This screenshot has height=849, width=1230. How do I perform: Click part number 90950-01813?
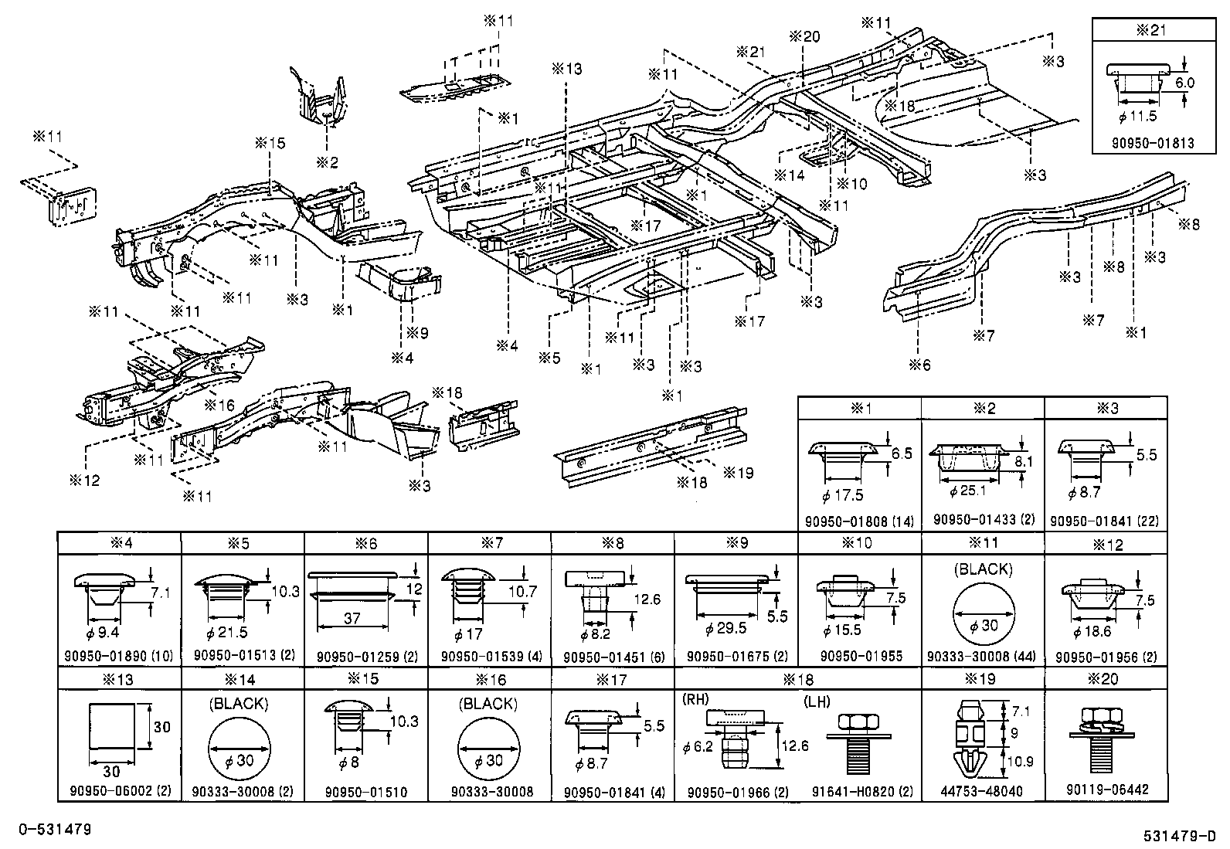(1152, 143)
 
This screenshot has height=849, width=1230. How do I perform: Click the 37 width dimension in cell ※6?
(352, 619)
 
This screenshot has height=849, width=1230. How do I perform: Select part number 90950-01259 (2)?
(367, 657)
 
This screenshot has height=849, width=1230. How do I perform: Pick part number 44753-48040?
(983, 791)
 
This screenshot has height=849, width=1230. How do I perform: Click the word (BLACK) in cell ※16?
(488, 704)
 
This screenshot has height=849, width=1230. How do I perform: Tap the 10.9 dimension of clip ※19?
(1021, 761)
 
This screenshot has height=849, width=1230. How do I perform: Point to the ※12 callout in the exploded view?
(85, 481)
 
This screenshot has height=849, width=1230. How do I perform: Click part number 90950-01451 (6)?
(613, 657)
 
